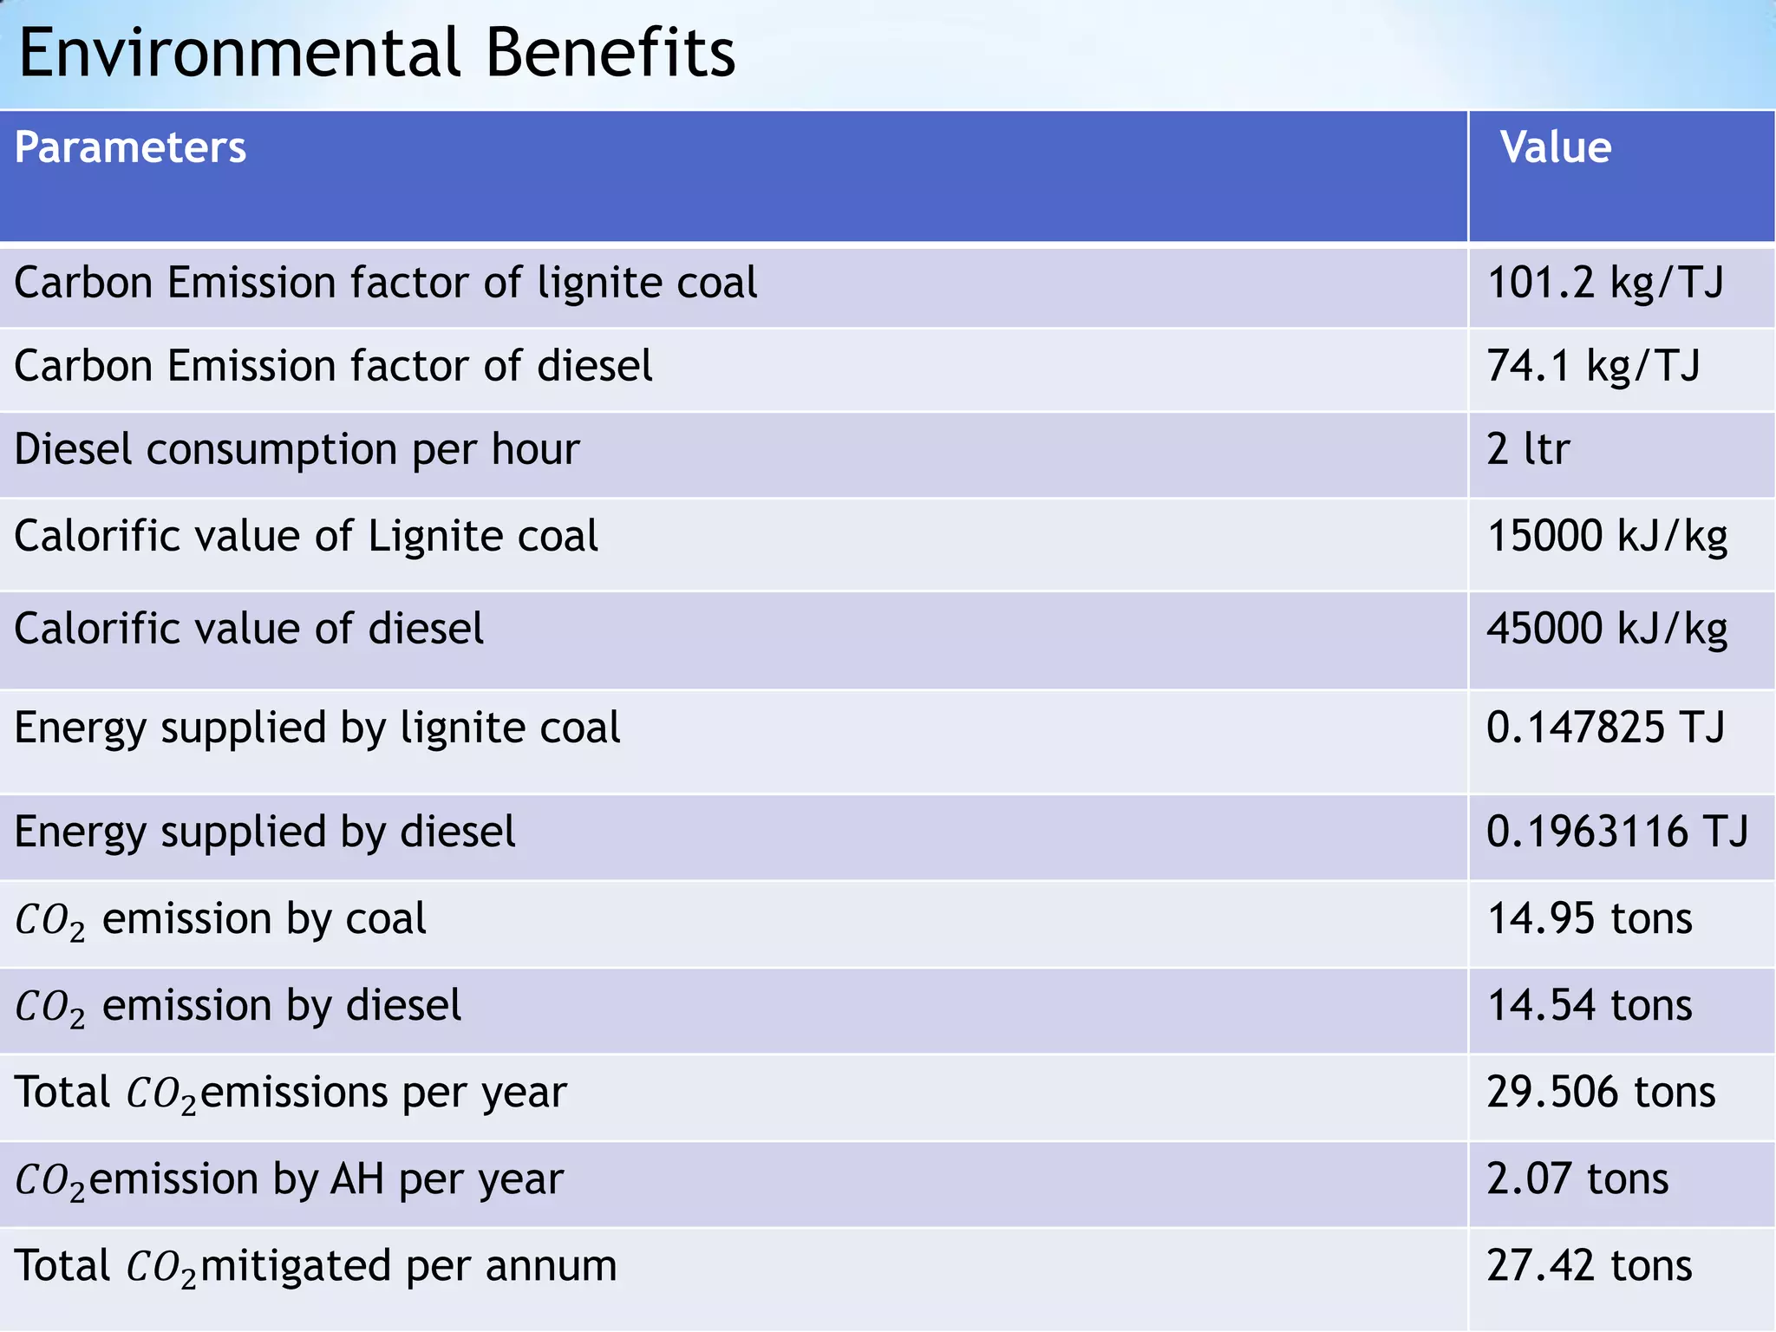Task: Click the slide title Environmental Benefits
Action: [x=376, y=54]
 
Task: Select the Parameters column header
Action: [x=130, y=147]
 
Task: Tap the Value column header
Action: [x=1556, y=147]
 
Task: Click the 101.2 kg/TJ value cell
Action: [x=1605, y=283]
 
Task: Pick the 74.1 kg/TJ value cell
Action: [x=1593, y=366]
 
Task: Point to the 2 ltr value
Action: [x=1528, y=449]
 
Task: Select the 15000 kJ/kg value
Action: [x=1607, y=536]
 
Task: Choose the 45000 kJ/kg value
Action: [x=1607, y=629]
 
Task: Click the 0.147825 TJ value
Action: [x=1605, y=728]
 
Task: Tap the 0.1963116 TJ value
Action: [x=1617, y=832]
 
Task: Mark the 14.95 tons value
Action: [x=1590, y=918]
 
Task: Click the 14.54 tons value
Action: [x=1590, y=1006]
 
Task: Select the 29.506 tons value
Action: [x=1601, y=1092]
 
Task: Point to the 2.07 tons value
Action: [x=1577, y=1179]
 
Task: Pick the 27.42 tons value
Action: [x=1590, y=1266]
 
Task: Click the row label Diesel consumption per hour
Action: [x=297, y=450]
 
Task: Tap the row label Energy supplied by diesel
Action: [x=264, y=832]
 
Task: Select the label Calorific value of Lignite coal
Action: [x=306, y=537]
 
